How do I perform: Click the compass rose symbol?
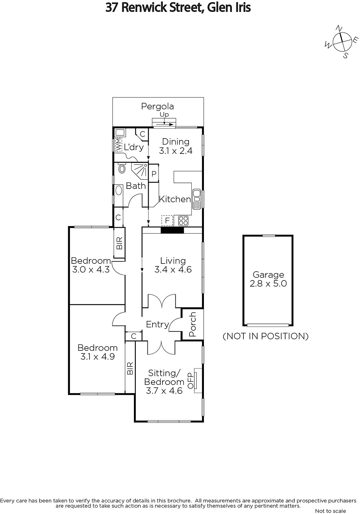tap(342, 42)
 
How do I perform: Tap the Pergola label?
tap(157, 106)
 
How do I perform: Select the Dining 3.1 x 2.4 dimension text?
tap(176, 151)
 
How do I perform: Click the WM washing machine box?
tap(119, 144)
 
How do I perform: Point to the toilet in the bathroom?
tap(122, 168)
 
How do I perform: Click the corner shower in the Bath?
tap(140, 171)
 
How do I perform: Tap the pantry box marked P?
tap(154, 173)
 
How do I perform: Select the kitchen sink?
tap(197, 199)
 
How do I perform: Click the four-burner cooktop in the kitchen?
tap(183, 221)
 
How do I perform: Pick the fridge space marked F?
tap(167, 220)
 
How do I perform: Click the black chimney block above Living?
tap(172, 230)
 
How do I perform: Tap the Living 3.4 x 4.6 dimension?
tap(173, 270)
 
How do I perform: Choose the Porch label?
tap(192, 324)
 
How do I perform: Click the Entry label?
tap(157, 324)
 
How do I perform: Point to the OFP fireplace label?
tap(191, 381)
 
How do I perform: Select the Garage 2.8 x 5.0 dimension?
tap(268, 284)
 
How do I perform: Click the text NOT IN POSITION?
tap(266, 336)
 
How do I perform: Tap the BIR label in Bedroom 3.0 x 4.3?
tap(119, 243)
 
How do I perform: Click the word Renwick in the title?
tap(141, 8)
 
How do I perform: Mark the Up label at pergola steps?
tap(164, 114)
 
